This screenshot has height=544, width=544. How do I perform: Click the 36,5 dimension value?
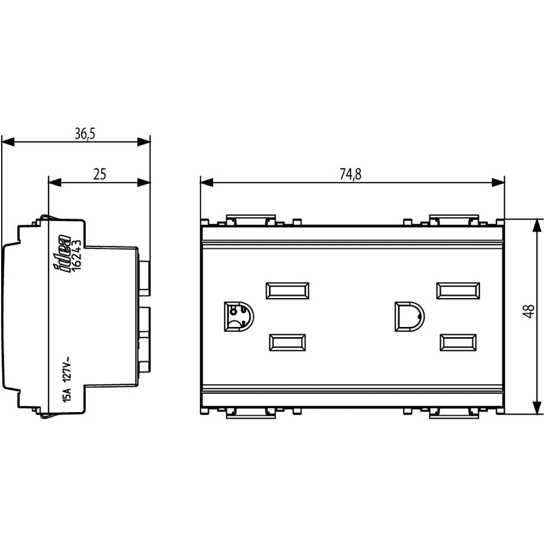85,134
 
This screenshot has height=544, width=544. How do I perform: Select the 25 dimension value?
99,174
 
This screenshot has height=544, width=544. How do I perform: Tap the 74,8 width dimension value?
351,174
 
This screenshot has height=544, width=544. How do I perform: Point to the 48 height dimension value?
529,311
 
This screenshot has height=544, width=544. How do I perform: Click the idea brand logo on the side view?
62,254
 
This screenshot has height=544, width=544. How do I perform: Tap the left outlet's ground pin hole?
239,316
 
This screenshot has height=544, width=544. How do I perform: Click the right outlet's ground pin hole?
409,316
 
